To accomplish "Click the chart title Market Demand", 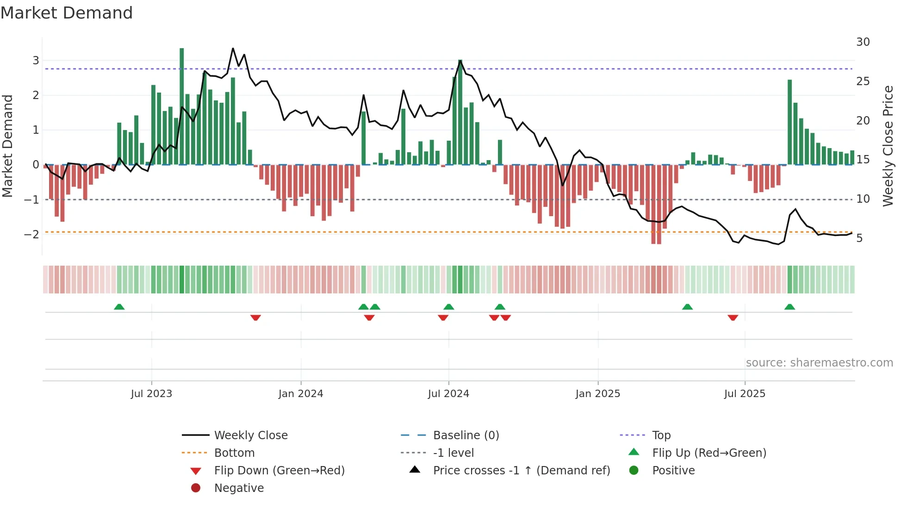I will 67,13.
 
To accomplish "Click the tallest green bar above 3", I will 182,106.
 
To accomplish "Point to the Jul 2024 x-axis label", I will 448,394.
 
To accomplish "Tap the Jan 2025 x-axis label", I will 597,394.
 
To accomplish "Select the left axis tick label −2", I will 31,235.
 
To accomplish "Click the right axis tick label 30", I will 863,42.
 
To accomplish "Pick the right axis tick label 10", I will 863,199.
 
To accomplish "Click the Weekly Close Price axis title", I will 888,146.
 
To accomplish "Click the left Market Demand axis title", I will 8,146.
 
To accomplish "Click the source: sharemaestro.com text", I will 819,363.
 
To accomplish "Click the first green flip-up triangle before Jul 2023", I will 119,307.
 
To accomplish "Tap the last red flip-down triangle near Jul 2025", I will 733,317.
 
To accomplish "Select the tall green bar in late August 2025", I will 790,122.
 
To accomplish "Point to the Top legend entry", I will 661,435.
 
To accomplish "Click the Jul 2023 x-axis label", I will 151,394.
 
